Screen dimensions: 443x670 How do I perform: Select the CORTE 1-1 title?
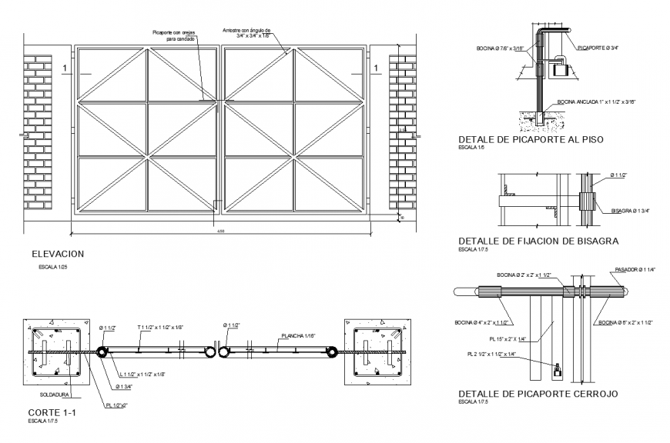point(48,413)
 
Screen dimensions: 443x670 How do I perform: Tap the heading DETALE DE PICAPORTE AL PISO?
point(530,139)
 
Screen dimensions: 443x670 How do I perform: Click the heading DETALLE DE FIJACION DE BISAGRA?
point(538,241)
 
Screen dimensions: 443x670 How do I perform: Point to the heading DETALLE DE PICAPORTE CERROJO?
point(538,393)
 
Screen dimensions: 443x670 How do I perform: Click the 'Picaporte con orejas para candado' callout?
point(174,35)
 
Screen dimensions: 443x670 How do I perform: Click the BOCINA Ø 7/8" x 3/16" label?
point(500,48)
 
